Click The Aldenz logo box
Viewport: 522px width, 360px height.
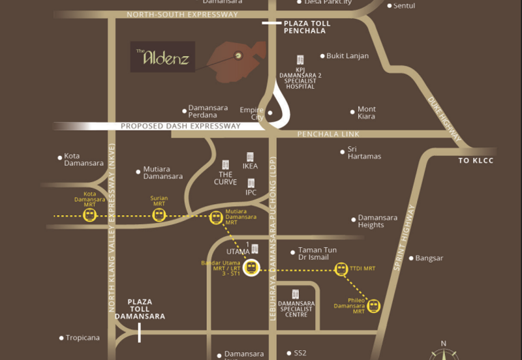(162, 57)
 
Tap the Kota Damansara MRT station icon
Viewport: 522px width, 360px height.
(89, 215)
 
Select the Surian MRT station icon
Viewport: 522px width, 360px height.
(159, 215)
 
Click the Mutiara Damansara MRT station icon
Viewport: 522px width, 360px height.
(216, 217)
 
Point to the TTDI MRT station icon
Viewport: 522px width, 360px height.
(340, 268)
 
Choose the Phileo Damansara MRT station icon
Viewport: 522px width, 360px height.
(373, 305)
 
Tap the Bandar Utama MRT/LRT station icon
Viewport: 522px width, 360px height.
(252, 267)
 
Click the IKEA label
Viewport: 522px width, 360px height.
(251, 166)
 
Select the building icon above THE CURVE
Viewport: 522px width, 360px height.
(226, 164)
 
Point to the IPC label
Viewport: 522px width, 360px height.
(251, 193)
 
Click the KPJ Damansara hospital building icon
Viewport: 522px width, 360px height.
(300, 60)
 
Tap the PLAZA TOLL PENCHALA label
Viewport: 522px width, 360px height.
(307, 27)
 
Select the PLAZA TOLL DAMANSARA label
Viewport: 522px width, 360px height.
(140, 309)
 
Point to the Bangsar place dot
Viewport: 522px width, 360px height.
(411, 258)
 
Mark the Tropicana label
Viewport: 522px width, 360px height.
(82, 338)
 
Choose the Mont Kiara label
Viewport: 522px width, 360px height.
(367, 113)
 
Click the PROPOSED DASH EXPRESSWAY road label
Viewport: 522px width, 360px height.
(181, 127)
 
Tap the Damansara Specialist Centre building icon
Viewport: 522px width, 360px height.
(296, 293)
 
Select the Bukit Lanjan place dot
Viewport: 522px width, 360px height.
(322, 56)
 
